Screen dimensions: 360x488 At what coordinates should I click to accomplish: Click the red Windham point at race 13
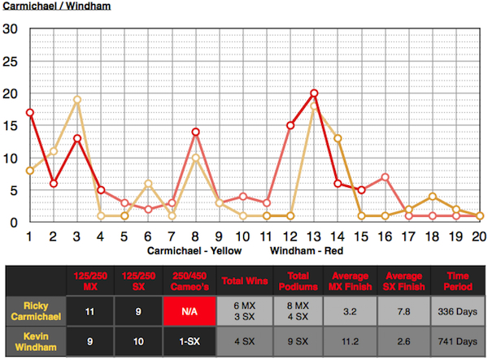click(314, 93)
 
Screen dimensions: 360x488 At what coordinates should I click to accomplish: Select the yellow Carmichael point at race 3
click(77, 100)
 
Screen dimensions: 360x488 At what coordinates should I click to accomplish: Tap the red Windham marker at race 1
click(30, 113)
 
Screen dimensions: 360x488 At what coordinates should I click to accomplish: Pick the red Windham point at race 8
click(196, 132)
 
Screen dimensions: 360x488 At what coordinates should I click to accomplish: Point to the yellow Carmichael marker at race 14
click(338, 139)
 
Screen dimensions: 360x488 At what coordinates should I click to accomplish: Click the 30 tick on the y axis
click(11, 29)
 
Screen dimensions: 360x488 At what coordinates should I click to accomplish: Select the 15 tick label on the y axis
click(11, 126)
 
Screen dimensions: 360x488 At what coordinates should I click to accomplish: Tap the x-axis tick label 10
click(242, 236)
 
